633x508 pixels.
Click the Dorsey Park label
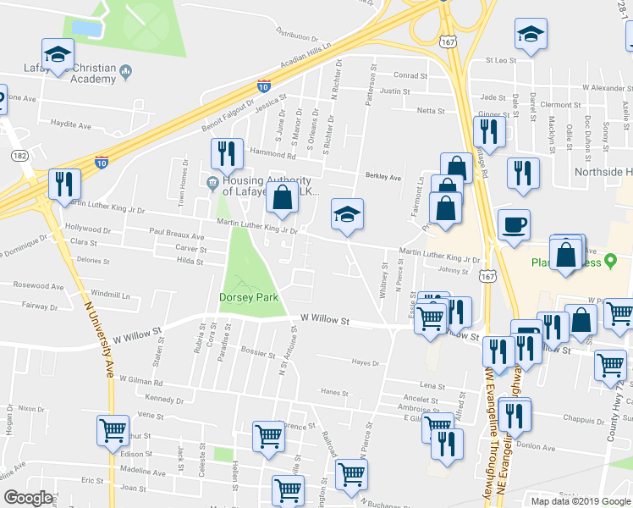248,297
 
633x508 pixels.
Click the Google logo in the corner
28,498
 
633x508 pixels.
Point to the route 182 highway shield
19,156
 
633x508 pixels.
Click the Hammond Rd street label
273,153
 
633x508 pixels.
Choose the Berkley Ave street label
383,177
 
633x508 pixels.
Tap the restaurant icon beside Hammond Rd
227,153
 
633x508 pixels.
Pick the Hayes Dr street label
365,362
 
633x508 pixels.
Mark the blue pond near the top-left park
86,28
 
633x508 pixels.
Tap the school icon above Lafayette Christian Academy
57,56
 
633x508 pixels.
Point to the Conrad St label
410,75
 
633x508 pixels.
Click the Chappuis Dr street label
582,417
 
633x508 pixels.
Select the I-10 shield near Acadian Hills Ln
264,86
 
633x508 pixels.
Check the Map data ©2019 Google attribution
580,500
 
